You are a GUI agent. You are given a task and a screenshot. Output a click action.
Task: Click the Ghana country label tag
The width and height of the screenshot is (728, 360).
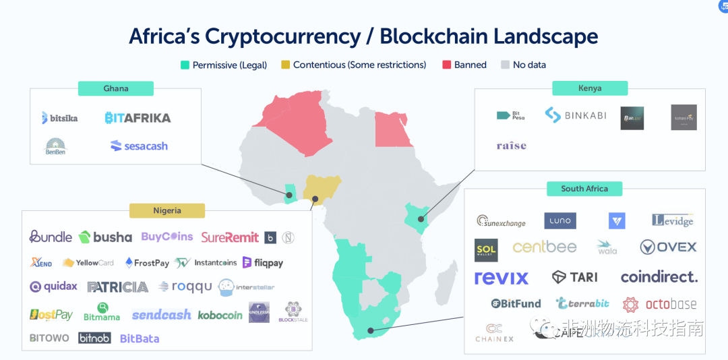115,88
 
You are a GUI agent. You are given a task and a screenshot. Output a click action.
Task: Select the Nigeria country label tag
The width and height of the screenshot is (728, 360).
166,210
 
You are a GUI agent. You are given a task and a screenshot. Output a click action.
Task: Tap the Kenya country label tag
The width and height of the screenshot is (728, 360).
589,88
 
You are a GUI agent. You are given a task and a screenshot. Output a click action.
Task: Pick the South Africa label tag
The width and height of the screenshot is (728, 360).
584,189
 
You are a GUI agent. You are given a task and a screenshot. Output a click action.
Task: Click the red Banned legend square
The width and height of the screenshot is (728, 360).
446,65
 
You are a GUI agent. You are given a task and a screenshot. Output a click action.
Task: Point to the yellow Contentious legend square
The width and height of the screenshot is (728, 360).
285,65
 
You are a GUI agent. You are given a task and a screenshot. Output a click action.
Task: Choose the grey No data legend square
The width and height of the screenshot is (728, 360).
505,65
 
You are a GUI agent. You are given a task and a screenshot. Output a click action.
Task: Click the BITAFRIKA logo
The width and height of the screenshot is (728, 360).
138,118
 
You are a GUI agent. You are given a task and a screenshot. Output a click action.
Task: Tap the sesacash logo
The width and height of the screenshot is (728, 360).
139,146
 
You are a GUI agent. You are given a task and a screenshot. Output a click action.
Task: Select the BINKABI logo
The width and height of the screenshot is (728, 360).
576,115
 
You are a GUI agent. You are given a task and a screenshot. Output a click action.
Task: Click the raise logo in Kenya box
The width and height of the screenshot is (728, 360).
511,146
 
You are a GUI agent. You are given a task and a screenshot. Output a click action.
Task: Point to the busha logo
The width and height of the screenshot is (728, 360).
105,237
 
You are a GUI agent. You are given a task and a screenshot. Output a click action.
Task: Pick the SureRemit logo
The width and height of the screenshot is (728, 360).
230,237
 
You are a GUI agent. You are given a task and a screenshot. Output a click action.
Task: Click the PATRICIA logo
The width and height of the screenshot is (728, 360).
117,287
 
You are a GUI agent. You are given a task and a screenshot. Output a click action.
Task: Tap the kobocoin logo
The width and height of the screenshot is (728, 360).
220,315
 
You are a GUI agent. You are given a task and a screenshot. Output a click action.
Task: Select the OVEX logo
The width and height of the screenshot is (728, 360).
668,247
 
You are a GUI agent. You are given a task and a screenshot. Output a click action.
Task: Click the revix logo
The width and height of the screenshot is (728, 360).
502,277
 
